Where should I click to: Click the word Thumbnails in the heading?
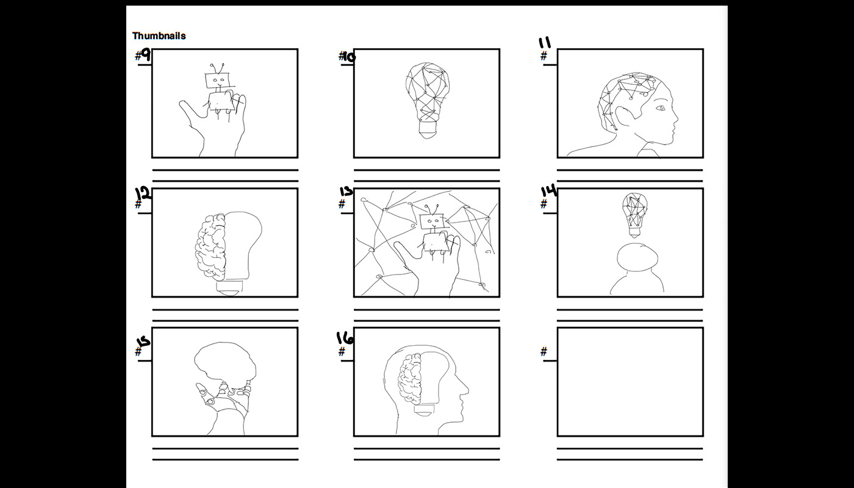[159, 36]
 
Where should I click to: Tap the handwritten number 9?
[145, 56]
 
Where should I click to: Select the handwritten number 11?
[544, 43]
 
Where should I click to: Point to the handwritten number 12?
[143, 194]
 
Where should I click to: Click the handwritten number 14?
[548, 191]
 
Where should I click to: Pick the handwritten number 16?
[345, 338]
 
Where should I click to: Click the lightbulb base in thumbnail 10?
[427, 129]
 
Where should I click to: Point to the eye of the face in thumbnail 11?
[661, 108]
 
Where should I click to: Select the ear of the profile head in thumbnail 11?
[623, 118]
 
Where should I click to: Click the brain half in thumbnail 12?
[210, 246]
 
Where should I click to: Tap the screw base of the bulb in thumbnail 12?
[229, 288]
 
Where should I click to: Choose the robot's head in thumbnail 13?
[432, 220]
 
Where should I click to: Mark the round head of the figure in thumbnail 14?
[637, 257]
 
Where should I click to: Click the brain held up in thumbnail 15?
[225, 365]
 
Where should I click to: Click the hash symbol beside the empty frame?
[544, 351]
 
